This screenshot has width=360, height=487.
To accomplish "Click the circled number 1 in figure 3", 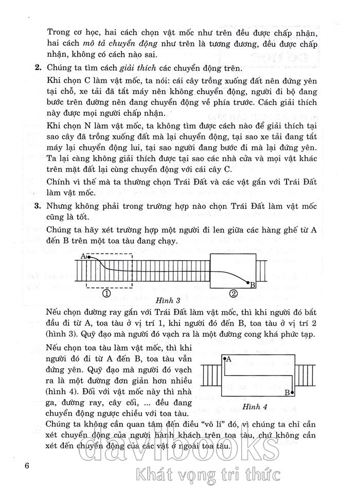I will point(107,294).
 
